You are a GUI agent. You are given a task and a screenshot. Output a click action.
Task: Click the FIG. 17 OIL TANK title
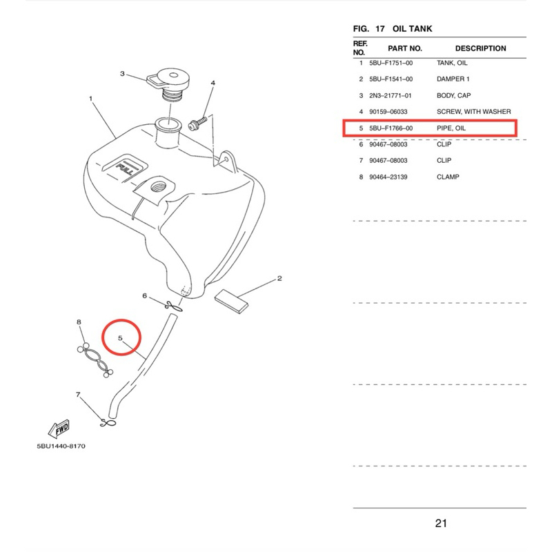click(392, 29)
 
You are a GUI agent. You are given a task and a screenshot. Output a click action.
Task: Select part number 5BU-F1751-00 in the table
click(391, 63)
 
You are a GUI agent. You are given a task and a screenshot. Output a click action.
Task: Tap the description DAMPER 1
click(453, 79)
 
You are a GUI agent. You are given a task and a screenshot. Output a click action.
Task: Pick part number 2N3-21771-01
click(391, 95)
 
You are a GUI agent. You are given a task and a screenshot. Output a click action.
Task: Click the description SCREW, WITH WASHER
click(473, 112)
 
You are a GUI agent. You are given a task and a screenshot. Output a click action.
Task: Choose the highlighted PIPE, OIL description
click(451, 128)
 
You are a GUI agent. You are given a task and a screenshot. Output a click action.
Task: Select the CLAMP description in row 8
click(448, 177)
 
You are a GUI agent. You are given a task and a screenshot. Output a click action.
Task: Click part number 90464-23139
click(391, 177)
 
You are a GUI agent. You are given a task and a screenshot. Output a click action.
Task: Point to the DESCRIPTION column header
click(480, 48)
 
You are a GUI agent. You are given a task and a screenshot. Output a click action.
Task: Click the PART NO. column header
click(404, 48)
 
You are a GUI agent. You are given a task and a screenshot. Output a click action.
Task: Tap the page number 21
click(442, 523)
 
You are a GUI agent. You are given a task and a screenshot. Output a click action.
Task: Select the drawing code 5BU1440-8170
click(61, 446)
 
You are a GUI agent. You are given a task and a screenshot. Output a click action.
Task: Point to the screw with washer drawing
click(198, 124)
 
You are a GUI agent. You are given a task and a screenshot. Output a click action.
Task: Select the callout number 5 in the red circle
click(121, 339)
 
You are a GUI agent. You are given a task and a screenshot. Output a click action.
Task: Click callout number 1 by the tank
click(90, 99)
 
